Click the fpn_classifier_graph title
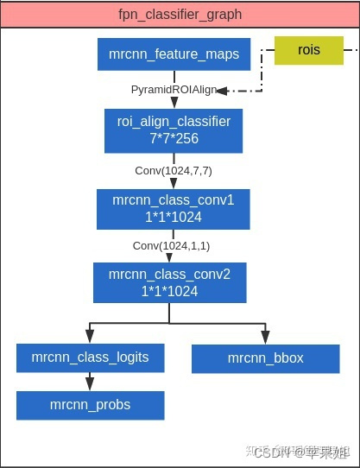coord(180,15)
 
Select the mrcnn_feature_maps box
coord(174,54)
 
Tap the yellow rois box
coord(307,50)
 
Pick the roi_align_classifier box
coord(174,130)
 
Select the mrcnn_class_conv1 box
coord(173,208)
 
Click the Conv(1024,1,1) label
coord(171,246)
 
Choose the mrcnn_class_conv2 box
coord(169,282)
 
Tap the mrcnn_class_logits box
coord(90,357)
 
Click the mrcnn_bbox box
coord(265,358)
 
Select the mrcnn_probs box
coord(90,404)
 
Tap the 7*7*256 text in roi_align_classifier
coord(174,137)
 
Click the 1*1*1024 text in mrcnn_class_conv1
coord(173,216)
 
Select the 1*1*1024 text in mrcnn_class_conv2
coord(169,291)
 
